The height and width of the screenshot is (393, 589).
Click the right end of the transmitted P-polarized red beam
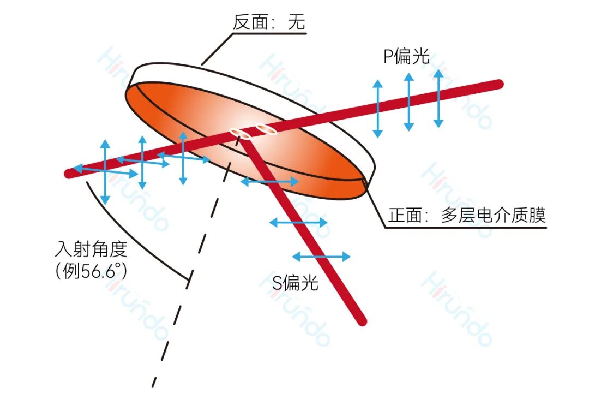pyautogui.click(x=499, y=84)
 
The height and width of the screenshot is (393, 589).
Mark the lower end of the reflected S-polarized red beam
pyautogui.click(x=362, y=321)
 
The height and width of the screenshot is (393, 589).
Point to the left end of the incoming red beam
pyautogui.click(x=68, y=174)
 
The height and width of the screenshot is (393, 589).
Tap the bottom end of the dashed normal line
pyautogui.click(x=154, y=386)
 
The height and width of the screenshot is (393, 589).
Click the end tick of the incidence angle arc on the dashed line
pyautogui.click(x=189, y=279)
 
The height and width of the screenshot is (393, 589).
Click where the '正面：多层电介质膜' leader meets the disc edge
pyautogui.click(x=364, y=181)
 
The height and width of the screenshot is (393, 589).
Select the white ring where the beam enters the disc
pyautogui.click(x=239, y=133)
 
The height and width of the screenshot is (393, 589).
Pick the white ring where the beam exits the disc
pyautogui.click(x=266, y=129)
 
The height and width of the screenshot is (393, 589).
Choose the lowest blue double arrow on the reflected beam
pyautogui.click(x=321, y=257)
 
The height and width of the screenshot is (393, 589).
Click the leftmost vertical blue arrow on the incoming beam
pyautogui.click(x=106, y=172)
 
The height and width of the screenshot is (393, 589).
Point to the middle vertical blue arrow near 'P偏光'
pyautogui.click(x=408, y=102)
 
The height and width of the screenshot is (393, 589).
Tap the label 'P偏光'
pyautogui.click(x=406, y=56)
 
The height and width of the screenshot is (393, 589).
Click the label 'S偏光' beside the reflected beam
pyautogui.click(x=295, y=282)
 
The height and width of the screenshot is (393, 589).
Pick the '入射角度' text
pyautogui.click(x=91, y=249)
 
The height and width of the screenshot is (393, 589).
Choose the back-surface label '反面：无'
pyautogui.click(x=268, y=22)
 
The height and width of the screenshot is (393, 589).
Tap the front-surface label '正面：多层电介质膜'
pyautogui.click(x=467, y=216)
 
